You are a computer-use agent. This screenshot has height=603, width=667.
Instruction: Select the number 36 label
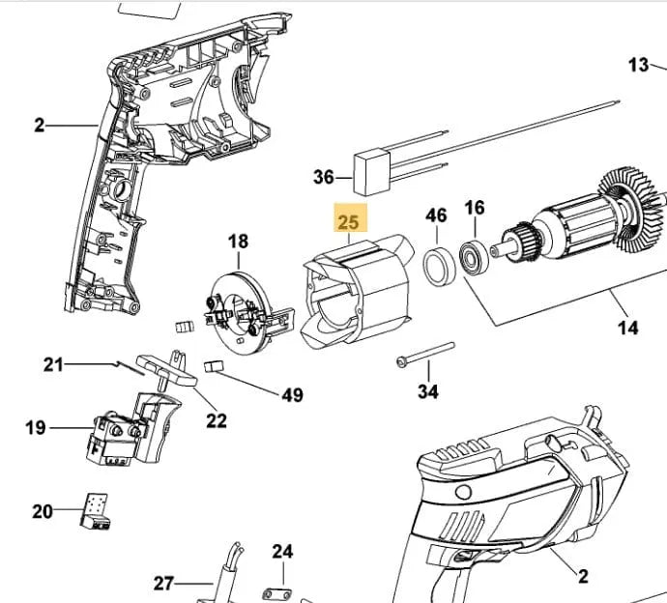(x=324, y=177)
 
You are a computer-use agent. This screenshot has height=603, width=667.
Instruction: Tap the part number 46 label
(x=436, y=215)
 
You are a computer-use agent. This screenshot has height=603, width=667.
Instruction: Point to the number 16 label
(x=475, y=208)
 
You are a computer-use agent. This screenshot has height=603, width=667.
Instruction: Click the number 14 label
(x=627, y=328)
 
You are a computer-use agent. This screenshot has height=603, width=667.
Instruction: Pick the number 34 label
(x=428, y=391)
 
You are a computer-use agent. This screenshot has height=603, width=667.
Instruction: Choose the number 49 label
(x=291, y=394)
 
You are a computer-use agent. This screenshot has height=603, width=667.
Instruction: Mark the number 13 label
(x=639, y=65)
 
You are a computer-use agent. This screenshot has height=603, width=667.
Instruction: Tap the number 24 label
(x=282, y=552)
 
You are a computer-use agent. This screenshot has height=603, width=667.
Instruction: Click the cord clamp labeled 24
(x=276, y=590)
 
